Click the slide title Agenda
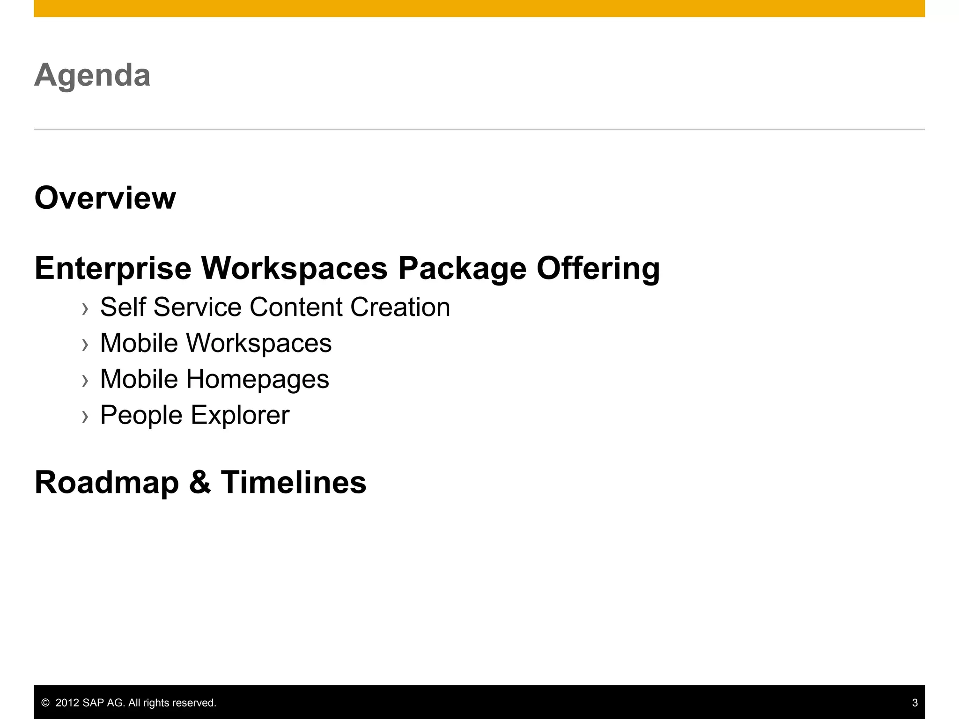(x=92, y=75)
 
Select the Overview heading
(x=105, y=198)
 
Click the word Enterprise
(x=113, y=269)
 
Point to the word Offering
(x=598, y=269)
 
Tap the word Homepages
(x=258, y=379)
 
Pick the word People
(x=141, y=415)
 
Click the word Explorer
(x=240, y=415)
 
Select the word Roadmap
(x=107, y=483)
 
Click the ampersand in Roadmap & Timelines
(x=200, y=483)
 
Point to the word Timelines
(x=294, y=483)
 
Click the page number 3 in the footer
(x=915, y=703)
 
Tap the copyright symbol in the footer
(x=45, y=703)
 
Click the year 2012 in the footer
(x=67, y=703)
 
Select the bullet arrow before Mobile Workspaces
(x=85, y=345)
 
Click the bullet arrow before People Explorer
(x=85, y=417)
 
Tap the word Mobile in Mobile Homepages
(x=139, y=379)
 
